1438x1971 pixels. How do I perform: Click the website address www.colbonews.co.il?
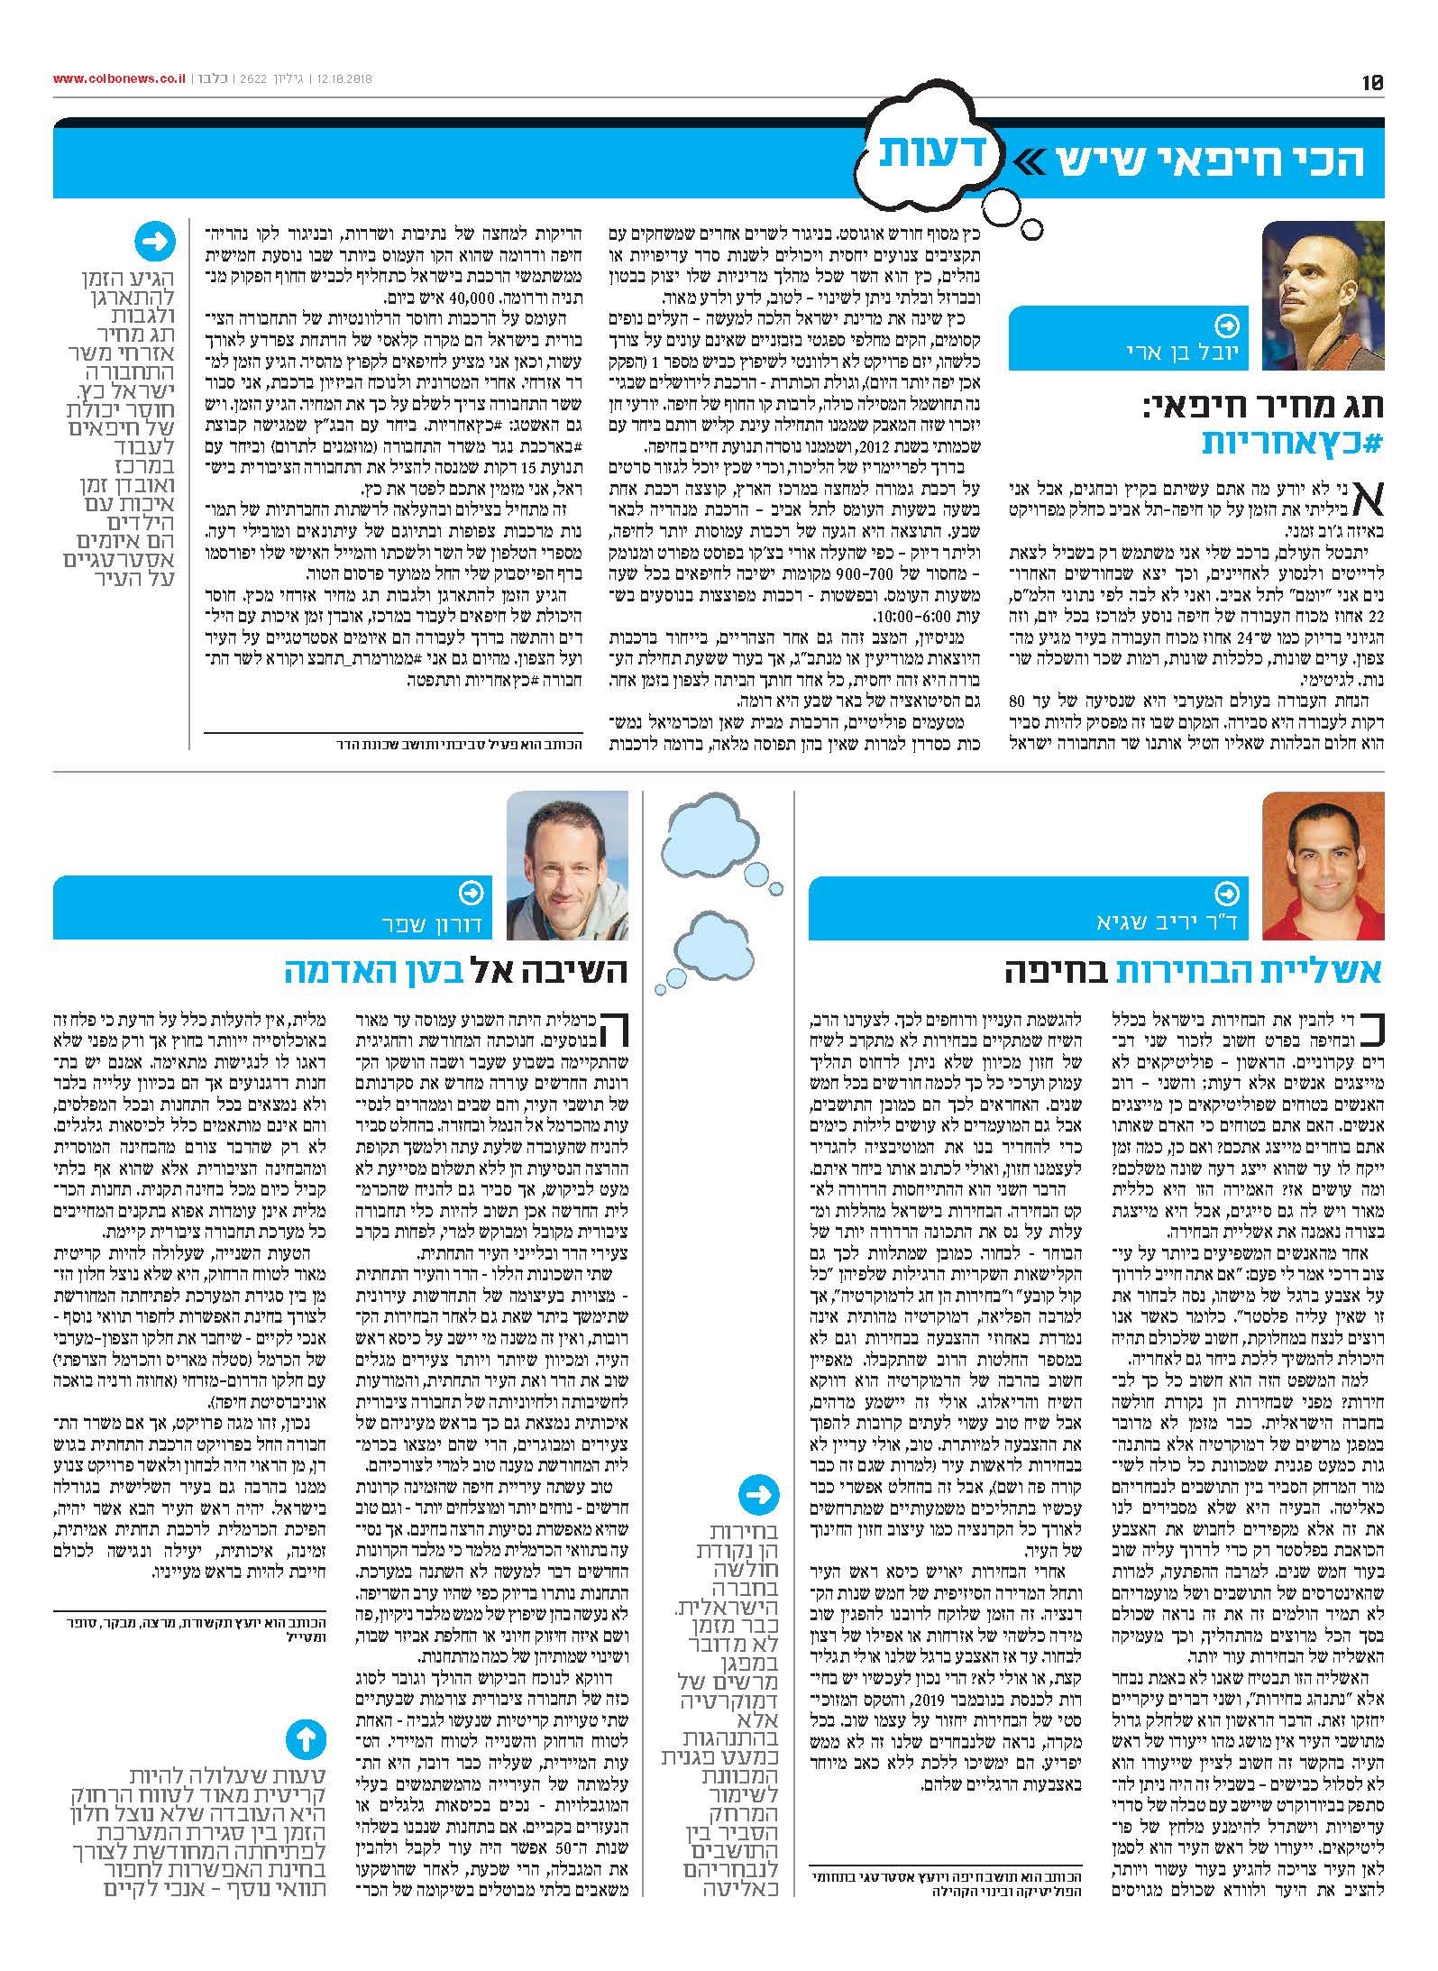click(118, 78)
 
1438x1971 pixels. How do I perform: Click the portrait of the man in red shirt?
click(1323, 866)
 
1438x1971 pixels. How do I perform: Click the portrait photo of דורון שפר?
click(567, 866)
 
